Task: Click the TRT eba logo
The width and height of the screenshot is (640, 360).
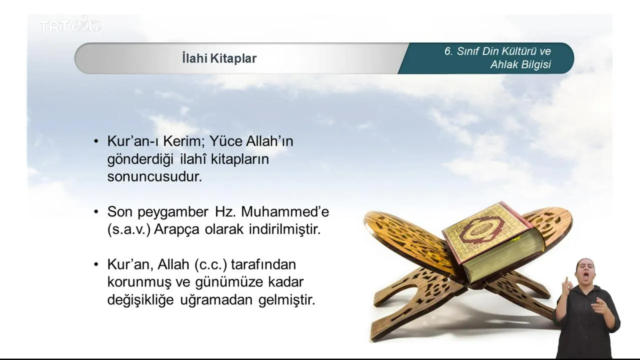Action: tap(70, 24)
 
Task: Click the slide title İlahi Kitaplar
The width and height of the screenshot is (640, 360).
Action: tap(219, 58)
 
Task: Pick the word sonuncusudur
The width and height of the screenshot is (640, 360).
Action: tap(154, 176)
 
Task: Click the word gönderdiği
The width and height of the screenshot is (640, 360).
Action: tap(140, 159)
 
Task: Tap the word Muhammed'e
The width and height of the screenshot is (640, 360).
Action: tap(285, 211)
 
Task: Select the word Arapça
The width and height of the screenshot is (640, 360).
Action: tap(176, 230)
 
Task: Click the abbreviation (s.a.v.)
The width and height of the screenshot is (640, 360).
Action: tap(129, 229)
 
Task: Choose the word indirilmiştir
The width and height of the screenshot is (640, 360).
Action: tap(285, 229)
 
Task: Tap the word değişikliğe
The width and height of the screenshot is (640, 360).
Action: tap(140, 300)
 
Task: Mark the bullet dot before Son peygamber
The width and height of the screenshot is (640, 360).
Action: tap(96, 212)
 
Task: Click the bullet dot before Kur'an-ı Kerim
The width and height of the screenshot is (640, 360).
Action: tap(96, 141)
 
